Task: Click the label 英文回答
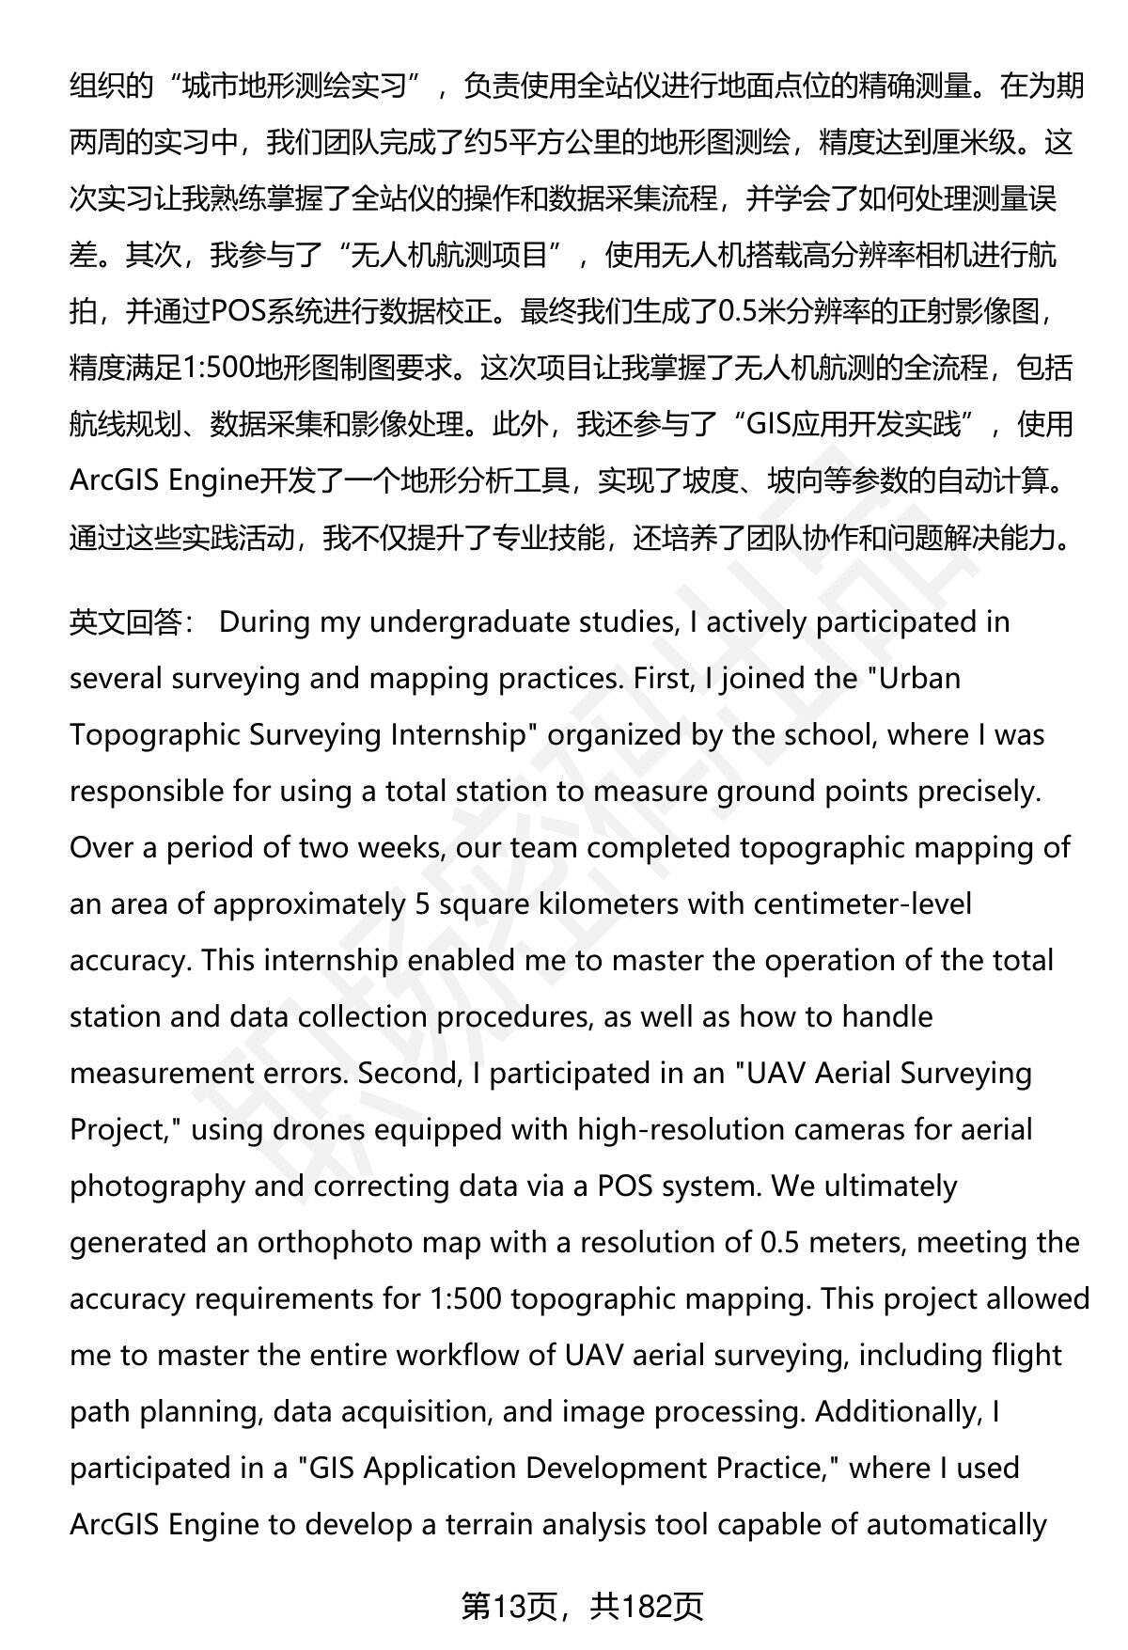pyautogui.click(x=124, y=623)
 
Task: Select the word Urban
pyautogui.click(x=917, y=679)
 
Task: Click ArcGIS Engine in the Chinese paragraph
pyautogui.click(x=164, y=481)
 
